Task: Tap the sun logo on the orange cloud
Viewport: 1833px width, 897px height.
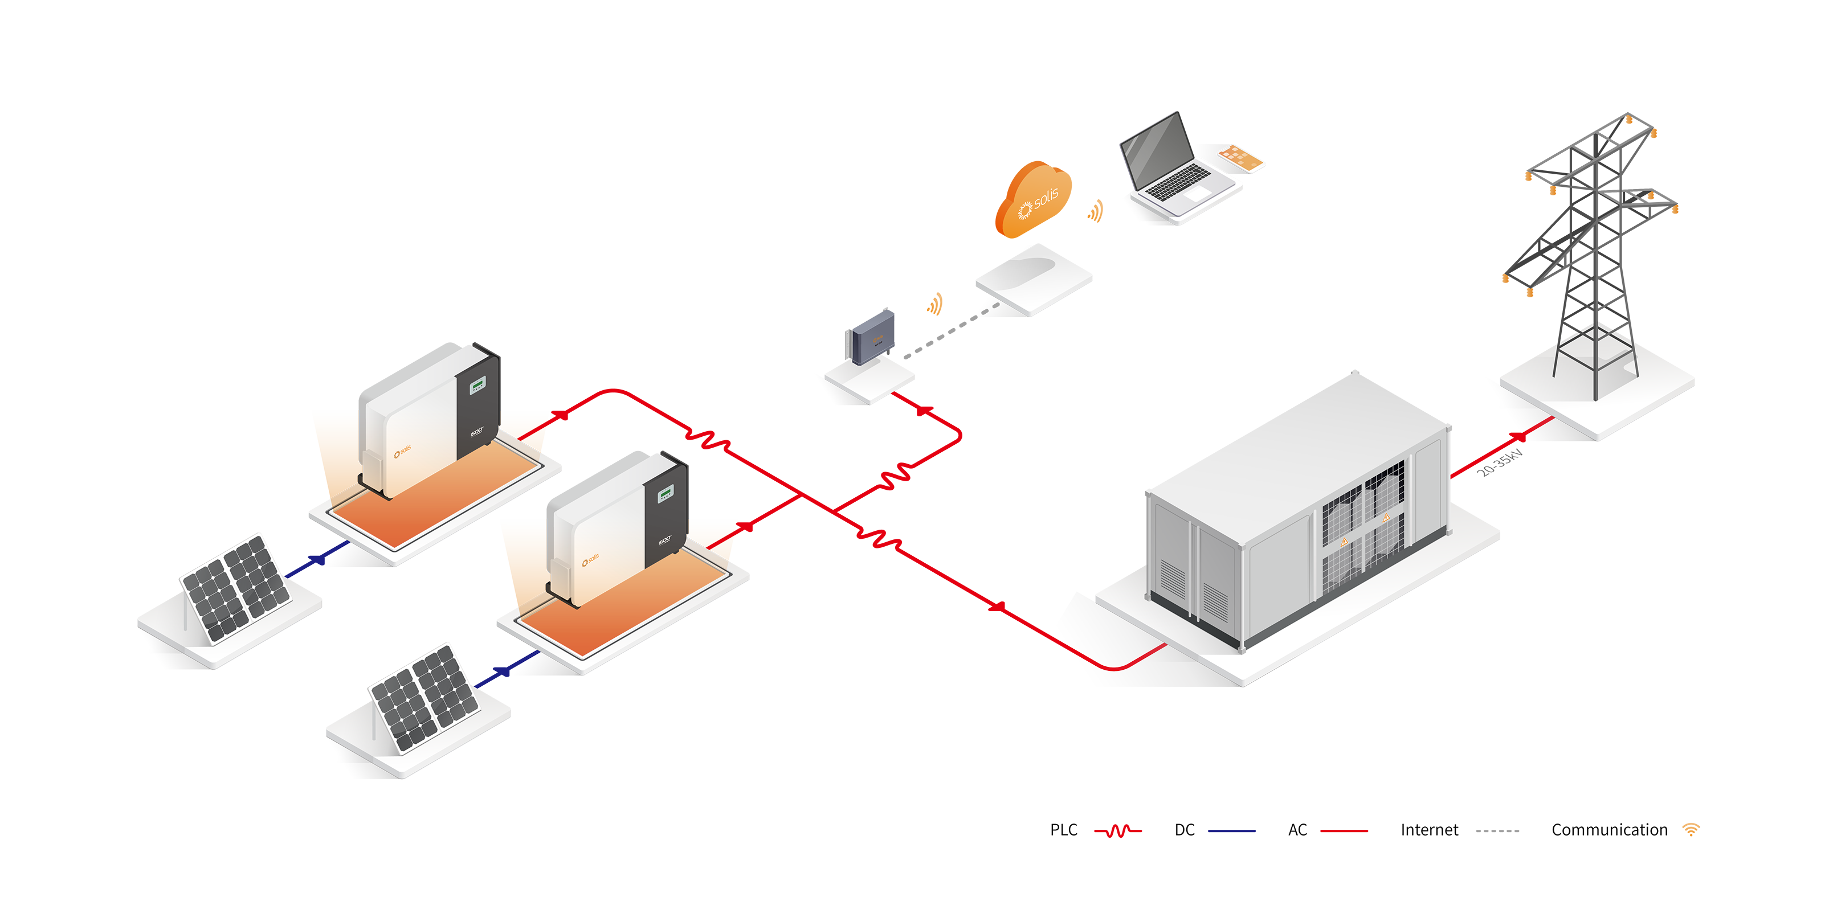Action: click(1024, 211)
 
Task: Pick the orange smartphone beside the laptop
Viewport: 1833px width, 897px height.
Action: click(1239, 157)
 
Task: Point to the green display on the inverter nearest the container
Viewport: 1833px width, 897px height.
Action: click(666, 494)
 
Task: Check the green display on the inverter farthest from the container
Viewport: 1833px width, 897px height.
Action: click(477, 386)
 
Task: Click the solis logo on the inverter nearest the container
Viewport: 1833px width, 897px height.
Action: click(590, 560)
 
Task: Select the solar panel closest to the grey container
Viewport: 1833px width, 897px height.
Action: click(425, 697)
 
